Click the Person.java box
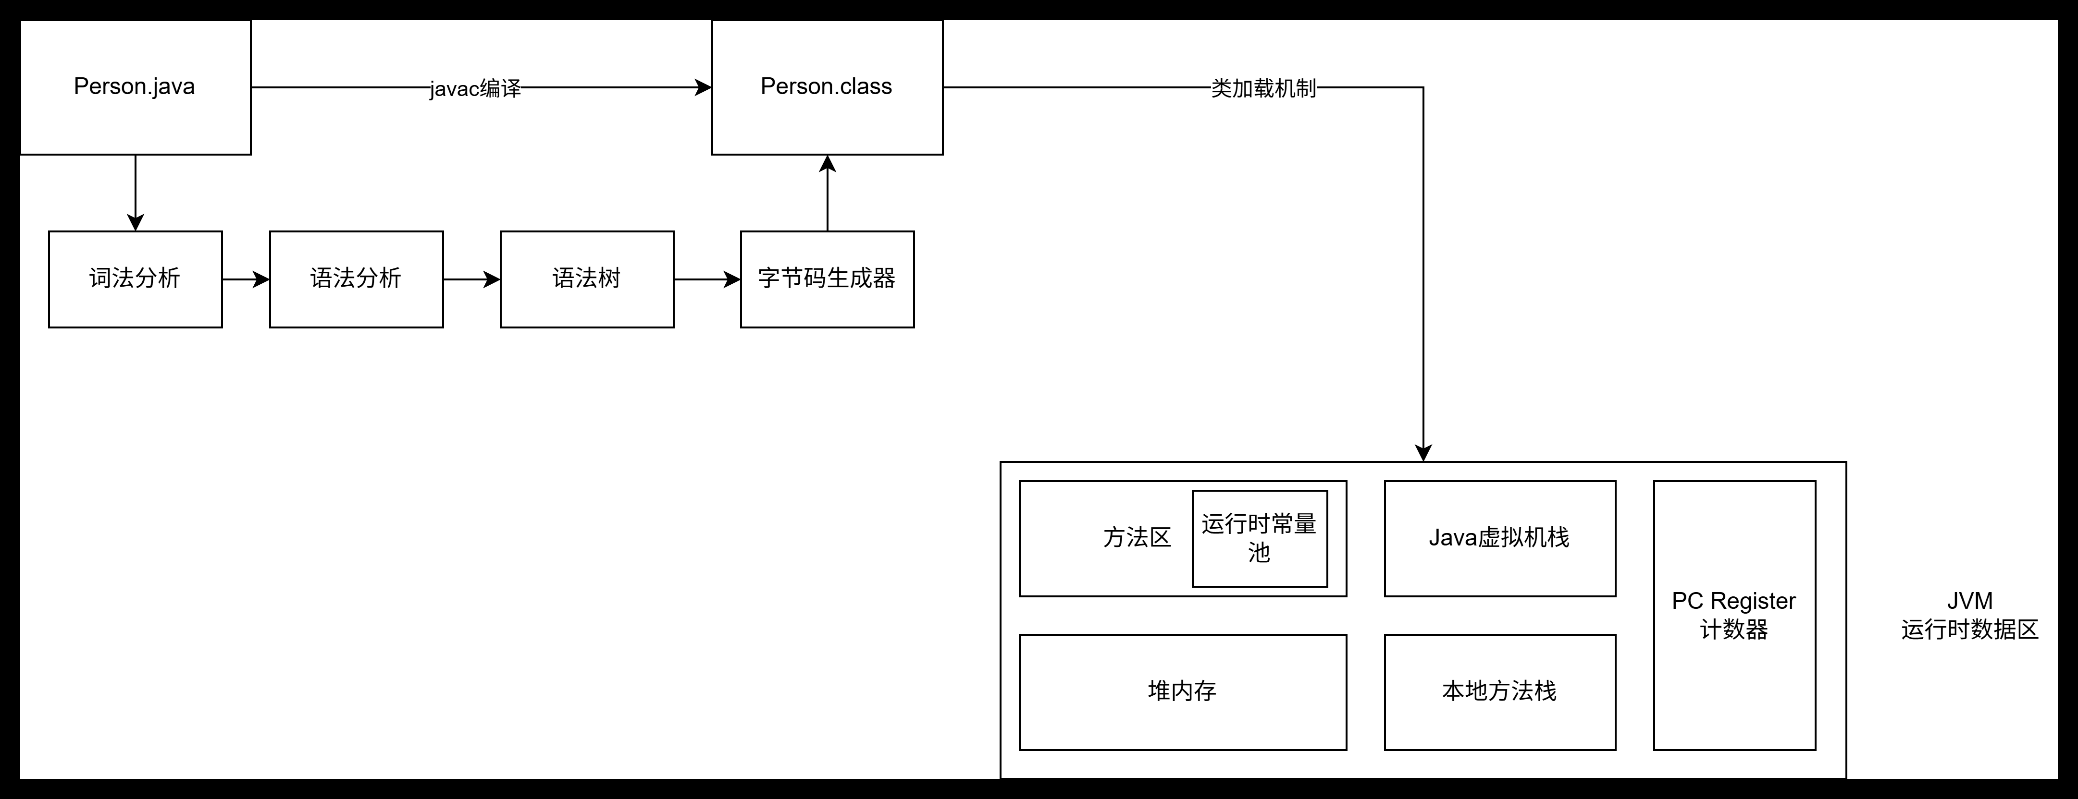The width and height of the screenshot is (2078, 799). click(x=135, y=87)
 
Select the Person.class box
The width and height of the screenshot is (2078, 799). click(x=827, y=87)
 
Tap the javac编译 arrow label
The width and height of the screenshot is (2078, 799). click(x=475, y=88)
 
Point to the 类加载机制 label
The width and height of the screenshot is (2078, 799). click(x=1263, y=88)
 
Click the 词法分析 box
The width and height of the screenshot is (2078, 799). click(x=135, y=279)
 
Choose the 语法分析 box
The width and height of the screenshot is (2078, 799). click(x=356, y=279)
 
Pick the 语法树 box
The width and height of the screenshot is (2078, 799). click(x=586, y=279)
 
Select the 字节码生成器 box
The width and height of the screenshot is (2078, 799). click(x=827, y=279)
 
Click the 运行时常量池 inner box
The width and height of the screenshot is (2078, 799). click(x=1259, y=539)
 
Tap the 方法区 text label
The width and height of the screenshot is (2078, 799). click(x=1137, y=538)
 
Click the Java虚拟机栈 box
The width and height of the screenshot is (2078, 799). click(x=1499, y=539)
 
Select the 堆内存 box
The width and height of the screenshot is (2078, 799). click(x=1183, y=692)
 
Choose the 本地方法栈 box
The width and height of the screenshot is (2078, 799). click(x=1499, y=692)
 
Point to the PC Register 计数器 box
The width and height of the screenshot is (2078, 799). click(x=1734, y=615)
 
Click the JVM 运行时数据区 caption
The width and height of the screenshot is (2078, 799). click(x=1969, y=615)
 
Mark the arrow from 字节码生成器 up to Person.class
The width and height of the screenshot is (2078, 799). click(x=827, y=194)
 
